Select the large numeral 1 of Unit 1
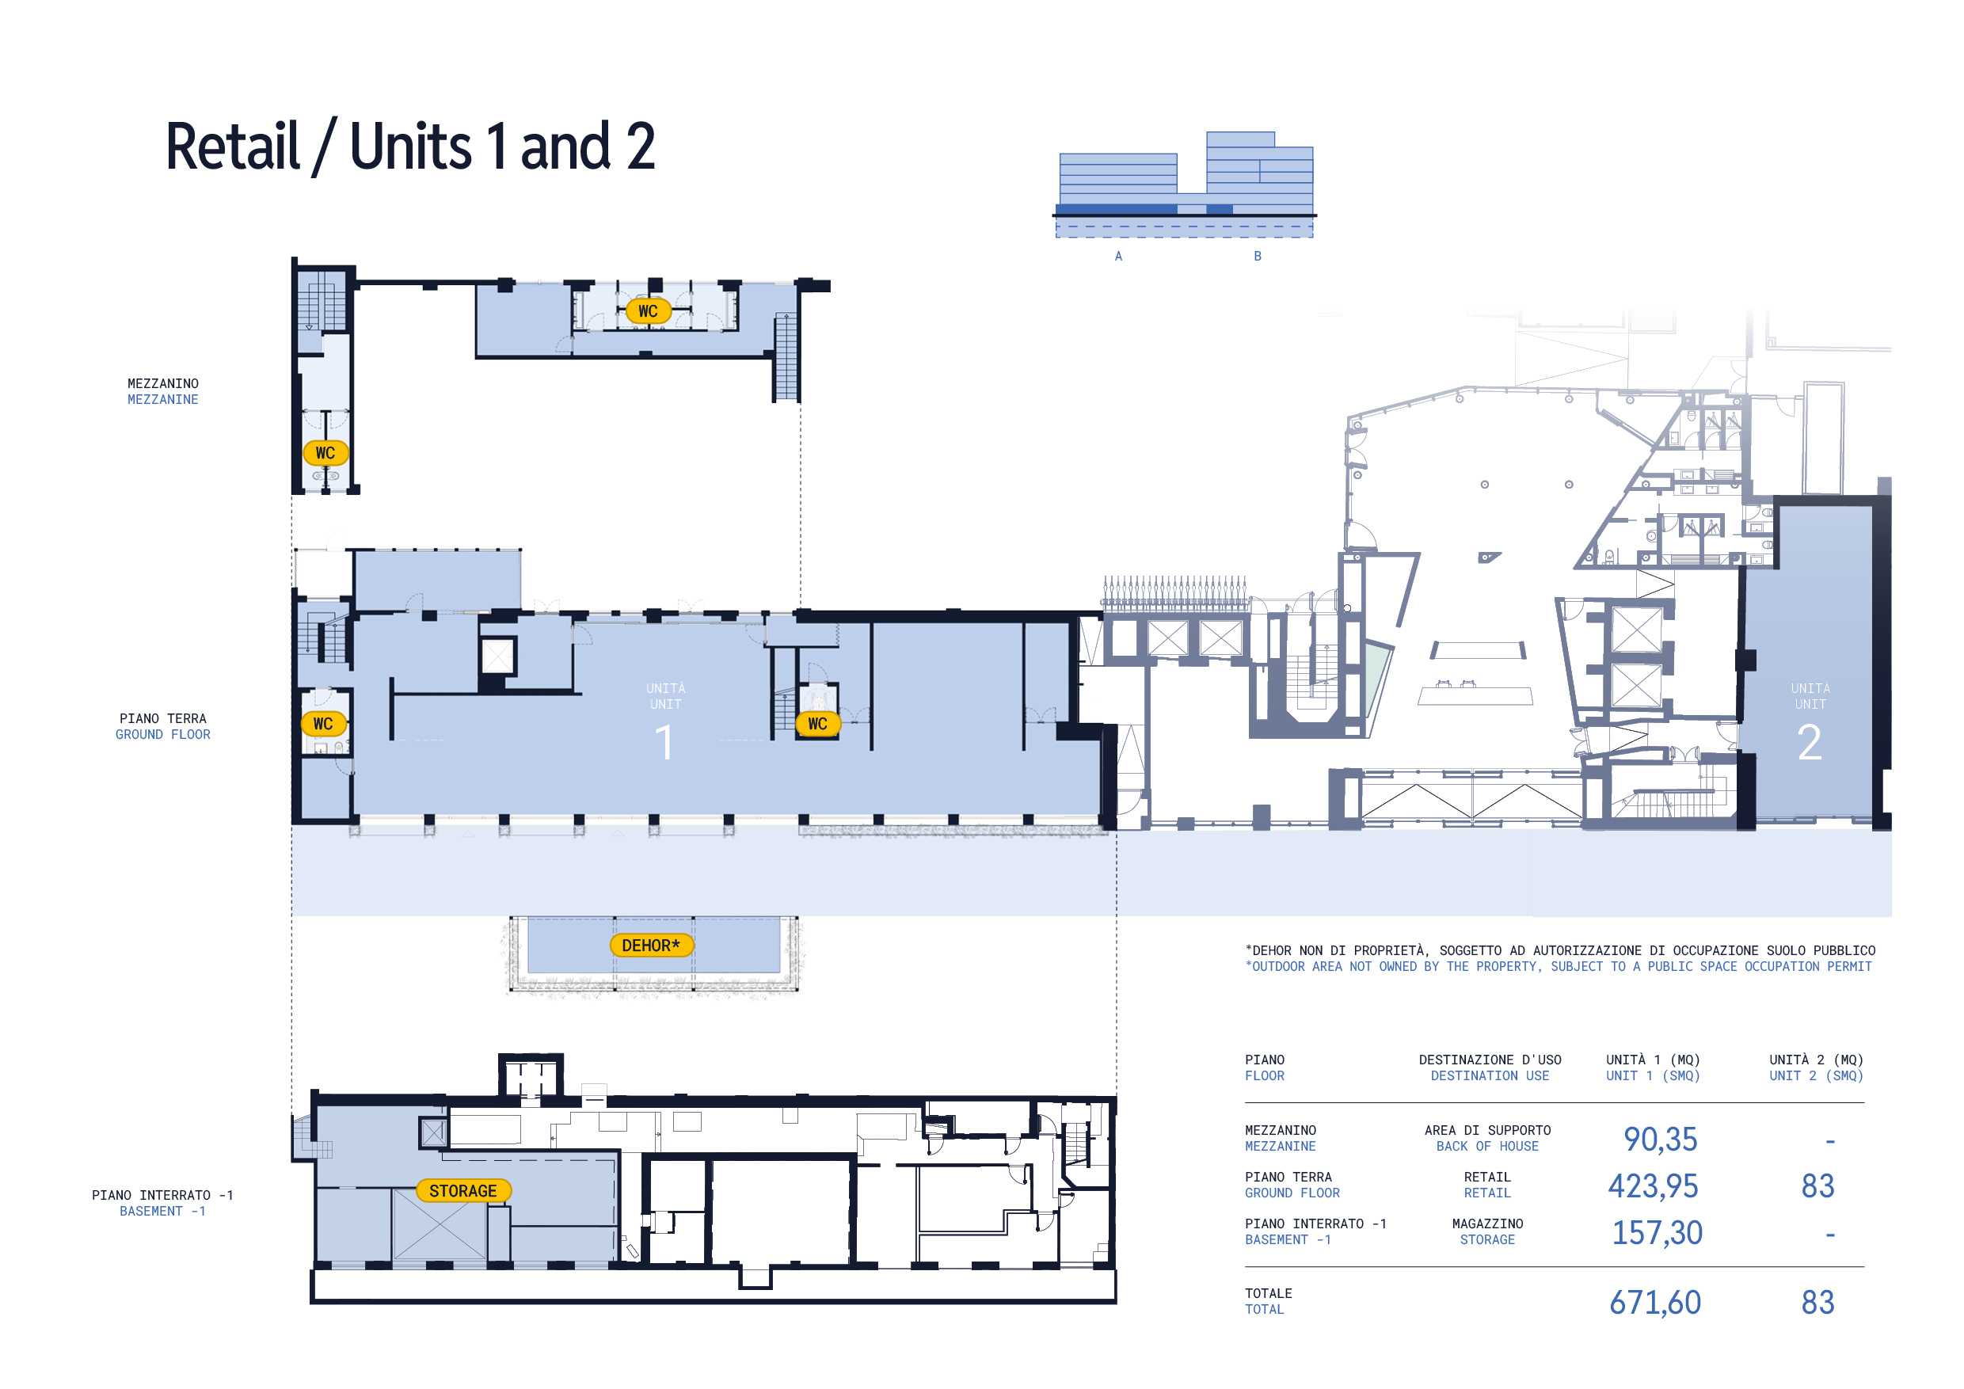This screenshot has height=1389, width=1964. coord(664,741)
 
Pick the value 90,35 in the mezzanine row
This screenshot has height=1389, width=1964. coord(1661,1140)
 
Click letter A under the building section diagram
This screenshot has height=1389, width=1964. coord(1118,256)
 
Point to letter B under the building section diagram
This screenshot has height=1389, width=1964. coord(1258,256)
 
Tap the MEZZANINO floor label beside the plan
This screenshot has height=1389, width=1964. coord(162,383)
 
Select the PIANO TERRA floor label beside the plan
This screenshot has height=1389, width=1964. coord(162,718)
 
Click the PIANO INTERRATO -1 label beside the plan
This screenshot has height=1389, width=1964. coord(162,1195)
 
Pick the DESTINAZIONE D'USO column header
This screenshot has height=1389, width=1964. coord(1490,1060)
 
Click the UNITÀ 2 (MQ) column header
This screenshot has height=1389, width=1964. coord(1816,1060)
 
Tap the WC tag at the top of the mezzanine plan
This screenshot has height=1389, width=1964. coord(649,310)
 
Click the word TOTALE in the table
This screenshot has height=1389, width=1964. coord(1269,1293)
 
